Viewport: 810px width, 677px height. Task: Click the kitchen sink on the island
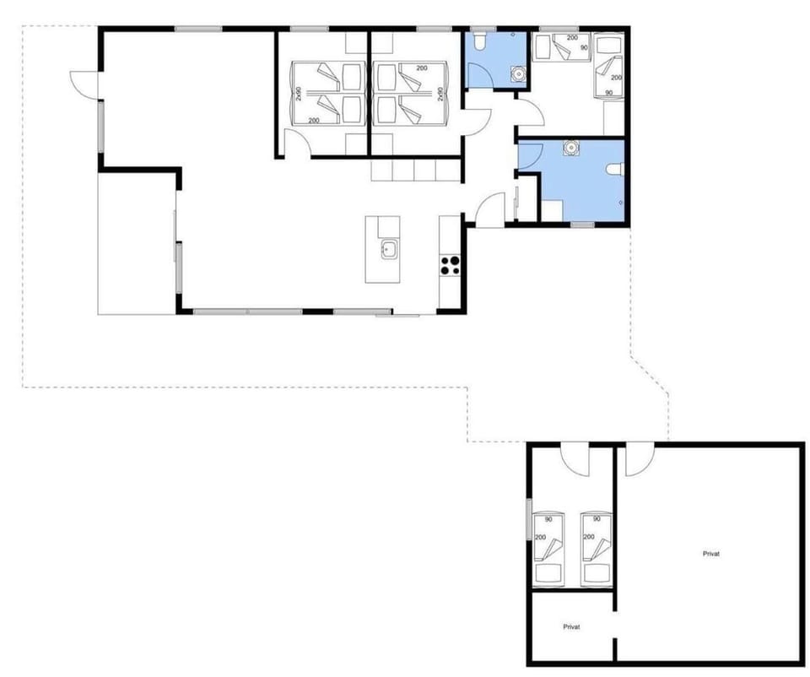point(389,249)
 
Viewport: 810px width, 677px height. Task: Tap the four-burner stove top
point(450,265)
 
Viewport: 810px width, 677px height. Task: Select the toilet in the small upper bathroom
point(478,43)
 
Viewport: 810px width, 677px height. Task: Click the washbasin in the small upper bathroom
point(516,74)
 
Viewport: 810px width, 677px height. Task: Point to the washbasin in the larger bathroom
point(572,147)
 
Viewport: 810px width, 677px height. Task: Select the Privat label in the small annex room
point(572,626)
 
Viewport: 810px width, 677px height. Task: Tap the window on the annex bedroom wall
point(529,519)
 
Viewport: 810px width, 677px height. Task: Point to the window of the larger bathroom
point(582,224)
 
